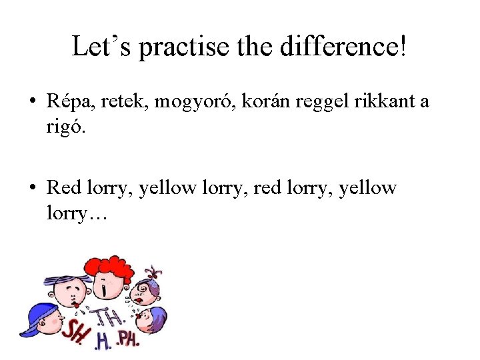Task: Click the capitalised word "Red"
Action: tap(64, 188)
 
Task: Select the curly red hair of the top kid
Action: tap(109, 267)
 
